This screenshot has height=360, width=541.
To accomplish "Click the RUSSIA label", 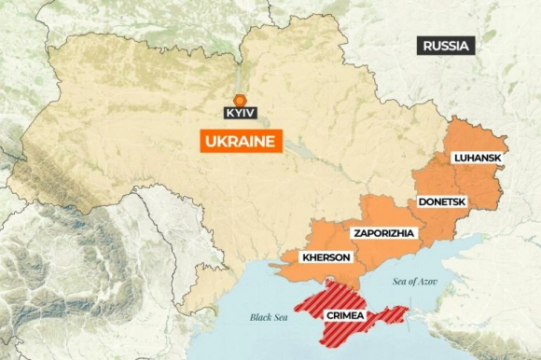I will click(x=447, y=46).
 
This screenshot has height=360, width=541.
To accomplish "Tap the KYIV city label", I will click(x=240, y=113).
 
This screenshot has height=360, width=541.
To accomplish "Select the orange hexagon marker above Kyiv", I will click(x=240, y=99).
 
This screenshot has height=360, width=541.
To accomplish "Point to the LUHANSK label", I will click(x=477, y=159).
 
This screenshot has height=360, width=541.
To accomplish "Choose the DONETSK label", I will click(x=441, y=201).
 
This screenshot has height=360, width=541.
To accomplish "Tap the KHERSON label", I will click(x=326, y=257).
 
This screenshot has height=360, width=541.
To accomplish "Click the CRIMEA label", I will click(x=344, y=317).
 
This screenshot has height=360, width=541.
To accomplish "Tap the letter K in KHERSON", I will click(x=304, y=257).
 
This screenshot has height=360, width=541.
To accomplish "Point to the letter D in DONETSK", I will click(x=422, y=201).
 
